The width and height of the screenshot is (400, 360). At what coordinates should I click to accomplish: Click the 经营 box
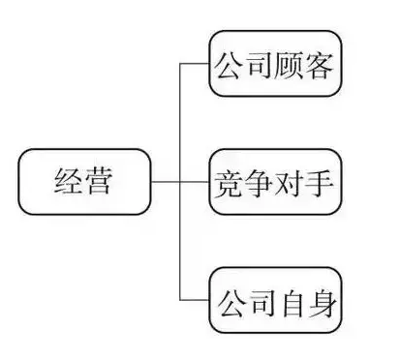[x=84, y=181]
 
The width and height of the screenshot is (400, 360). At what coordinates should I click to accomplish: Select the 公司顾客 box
[x=277, y=67]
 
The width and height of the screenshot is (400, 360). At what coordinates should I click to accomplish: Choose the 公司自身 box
[x=277, y=301]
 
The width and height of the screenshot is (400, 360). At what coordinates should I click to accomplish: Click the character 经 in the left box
[x=68, y=181]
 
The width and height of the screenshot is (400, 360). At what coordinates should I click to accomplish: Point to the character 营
[x=100, y=181]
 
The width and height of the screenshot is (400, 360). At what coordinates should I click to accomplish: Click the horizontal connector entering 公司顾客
[x=195, y=67]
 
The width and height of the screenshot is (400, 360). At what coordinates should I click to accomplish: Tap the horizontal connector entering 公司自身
[x=195, y=301]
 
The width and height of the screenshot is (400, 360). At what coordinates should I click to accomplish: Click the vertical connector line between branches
[x=180, y=242]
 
